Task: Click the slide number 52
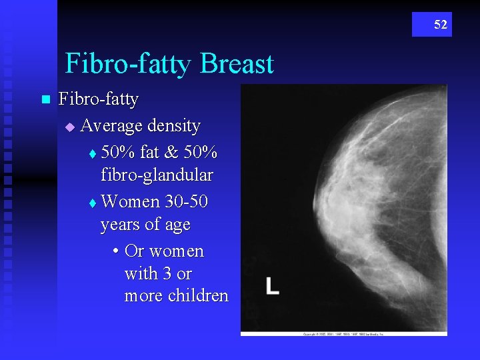[441, 25]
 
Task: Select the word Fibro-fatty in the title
[129, 64]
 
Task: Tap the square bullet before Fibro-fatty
[45, 100]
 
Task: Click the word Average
[112, 125]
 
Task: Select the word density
[173, 125]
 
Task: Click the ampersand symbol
[171, 152]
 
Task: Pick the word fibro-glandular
[157, 175]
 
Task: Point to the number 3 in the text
[164, 273]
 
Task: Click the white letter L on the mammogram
[272, 286]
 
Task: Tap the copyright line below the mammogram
[343, 333]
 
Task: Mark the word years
[120, 225]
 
